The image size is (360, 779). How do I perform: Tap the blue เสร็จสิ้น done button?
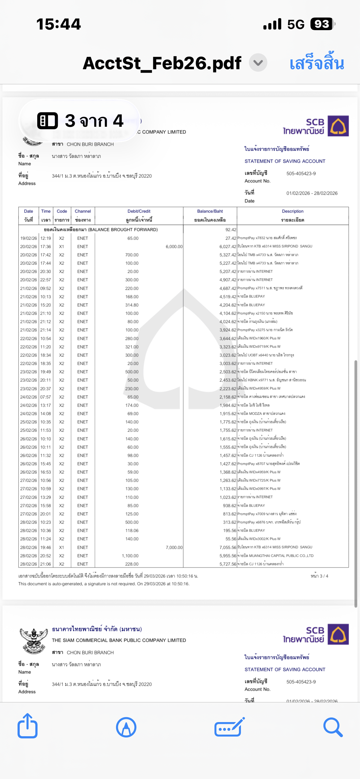(x=317, y=63)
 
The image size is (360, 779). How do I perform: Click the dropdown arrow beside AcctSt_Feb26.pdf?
(x=258, y=63)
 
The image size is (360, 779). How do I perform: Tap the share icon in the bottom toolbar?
(x=28, y=726)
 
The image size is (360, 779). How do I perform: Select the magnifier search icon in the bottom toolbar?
(x=333, y=727)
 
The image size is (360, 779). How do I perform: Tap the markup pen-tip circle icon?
(x=126, y=727)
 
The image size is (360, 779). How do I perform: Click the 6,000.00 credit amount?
(x=174, y=246)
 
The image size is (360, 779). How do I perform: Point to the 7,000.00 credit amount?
(x=174, y=547)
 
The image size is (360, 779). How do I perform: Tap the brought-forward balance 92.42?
(x=231, y=230)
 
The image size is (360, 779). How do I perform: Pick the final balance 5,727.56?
(x=228, y=564)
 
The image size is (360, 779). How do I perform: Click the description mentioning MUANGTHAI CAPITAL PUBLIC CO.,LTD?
(x=275, y=556)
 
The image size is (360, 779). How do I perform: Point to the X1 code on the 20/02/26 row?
(x=62, y=246)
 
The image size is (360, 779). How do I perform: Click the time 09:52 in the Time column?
(x=46, y=288)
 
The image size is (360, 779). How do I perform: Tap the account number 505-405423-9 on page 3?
(x=301, y=174)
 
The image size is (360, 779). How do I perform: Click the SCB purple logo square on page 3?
(x=338, y=126)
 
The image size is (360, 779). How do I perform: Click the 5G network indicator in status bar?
(x=296, y=24)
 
